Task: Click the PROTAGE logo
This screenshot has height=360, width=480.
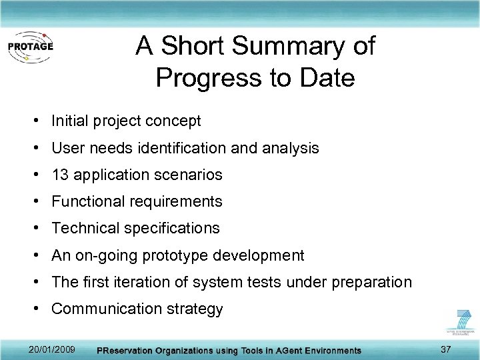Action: (29, 47)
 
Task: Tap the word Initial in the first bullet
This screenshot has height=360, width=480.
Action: (71, 121)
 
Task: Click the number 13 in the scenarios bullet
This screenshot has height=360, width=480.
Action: (60, 175)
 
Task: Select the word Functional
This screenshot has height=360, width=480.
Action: (86, 202)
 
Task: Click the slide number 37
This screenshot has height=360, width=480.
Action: (446, 350)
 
